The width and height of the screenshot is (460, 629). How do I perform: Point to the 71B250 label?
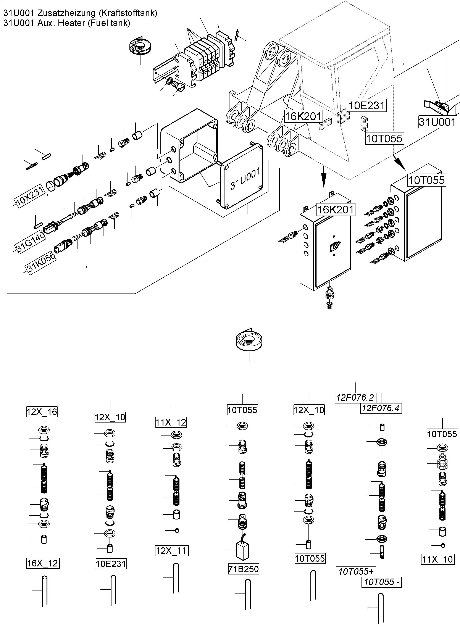click(243, 569)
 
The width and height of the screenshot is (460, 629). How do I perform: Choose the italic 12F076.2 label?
click(355, 397)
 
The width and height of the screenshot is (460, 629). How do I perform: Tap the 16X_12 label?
click(43, 563)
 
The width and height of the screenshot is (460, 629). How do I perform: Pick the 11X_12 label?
click(171, 422)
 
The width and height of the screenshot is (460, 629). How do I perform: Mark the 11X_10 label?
click(437, 559)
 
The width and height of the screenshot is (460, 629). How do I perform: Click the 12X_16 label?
click(42, 411)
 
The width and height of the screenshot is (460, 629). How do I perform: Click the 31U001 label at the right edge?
click(437, 122)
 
